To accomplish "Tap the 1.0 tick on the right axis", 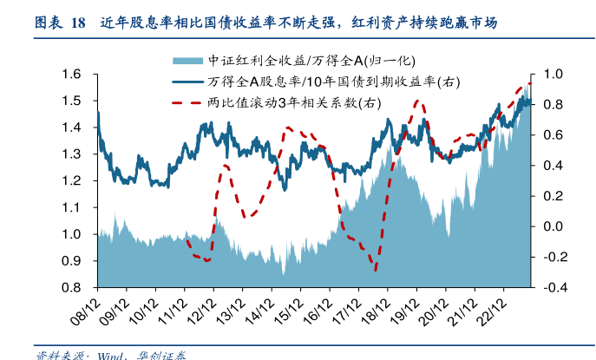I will click(x=553, y=75).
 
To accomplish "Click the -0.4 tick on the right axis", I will click(x=553, y=288).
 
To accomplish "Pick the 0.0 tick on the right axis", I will click(x=553, y=226).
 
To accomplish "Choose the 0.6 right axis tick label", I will click(x=553, y=135).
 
